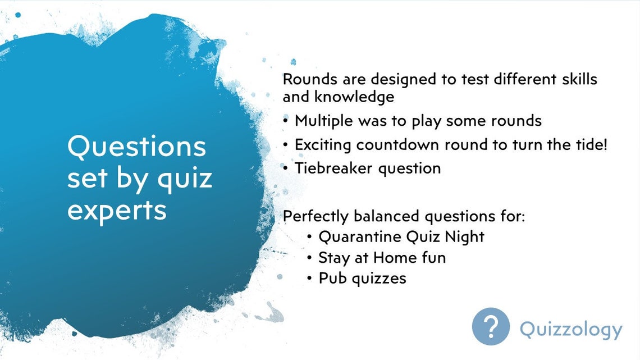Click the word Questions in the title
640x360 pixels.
point(136,147)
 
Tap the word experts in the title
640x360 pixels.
point(117,210)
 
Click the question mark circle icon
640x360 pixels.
point(491,326)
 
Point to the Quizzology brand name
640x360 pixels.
point(570,329)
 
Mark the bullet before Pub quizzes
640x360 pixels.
point(310,279)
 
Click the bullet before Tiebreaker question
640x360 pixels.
point(286,168)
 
